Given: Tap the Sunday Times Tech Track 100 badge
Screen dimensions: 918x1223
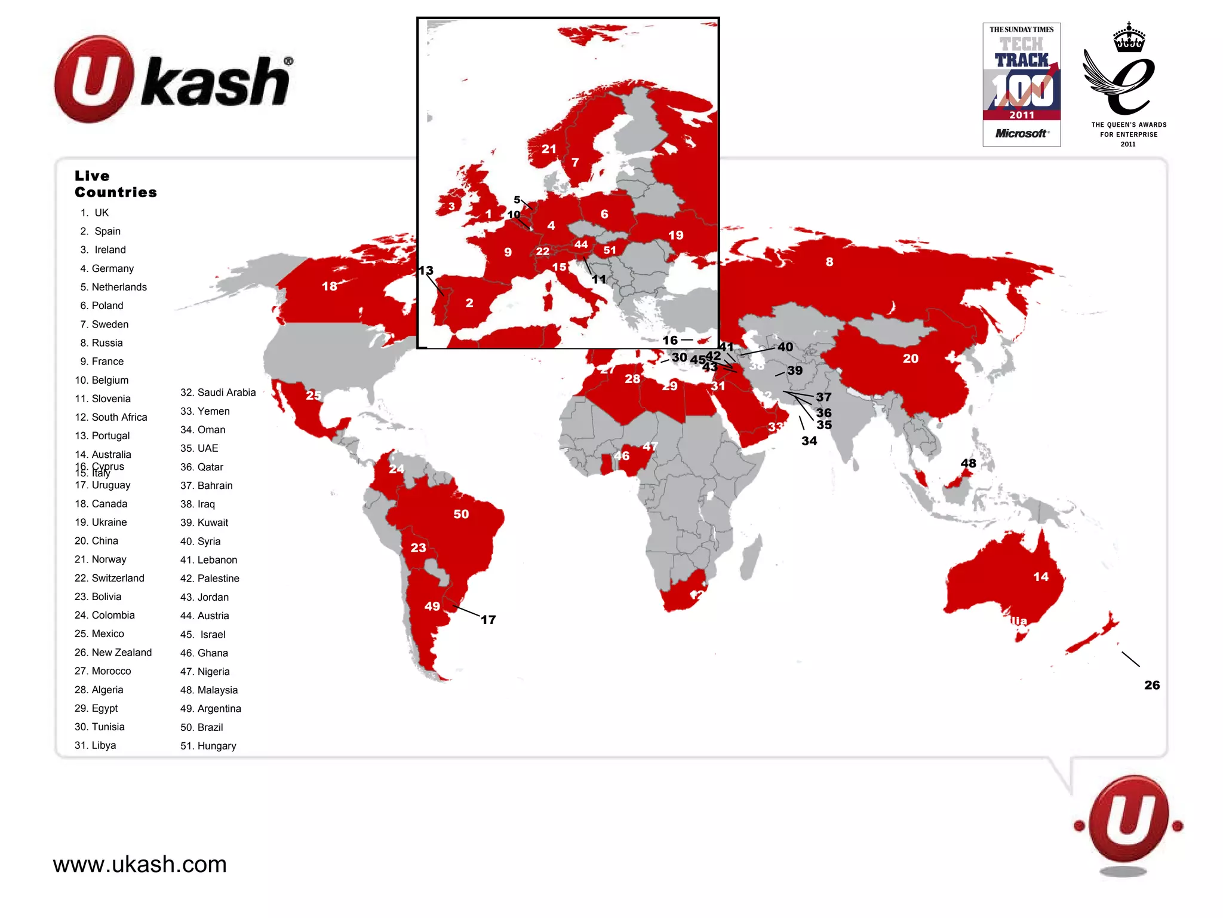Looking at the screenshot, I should coord(1021,85).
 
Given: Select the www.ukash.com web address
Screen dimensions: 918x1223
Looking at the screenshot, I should coord(140,864).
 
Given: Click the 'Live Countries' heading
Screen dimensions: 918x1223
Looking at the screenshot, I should coord(115,184).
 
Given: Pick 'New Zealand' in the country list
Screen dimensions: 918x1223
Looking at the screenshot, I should coord(113,652).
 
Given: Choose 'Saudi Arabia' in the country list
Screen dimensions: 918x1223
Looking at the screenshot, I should coord(218,392).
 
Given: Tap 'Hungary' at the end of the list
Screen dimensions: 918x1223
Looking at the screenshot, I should coord(208,745).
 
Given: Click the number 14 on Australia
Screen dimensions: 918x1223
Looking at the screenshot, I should coord(1041,577).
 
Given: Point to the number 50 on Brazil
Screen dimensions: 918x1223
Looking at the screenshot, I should coord(461,514).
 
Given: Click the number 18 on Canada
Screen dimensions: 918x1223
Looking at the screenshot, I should coord(330,286).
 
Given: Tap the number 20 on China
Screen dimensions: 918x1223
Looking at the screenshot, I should coord(911,359).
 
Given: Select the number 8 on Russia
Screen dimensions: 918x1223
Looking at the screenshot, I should coord(829,262).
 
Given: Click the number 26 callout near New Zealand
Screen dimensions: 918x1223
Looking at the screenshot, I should coord(1152,685).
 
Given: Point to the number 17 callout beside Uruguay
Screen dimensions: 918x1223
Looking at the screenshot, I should coord(488,620).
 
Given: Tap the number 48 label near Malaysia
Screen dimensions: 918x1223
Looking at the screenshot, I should coord(969,463).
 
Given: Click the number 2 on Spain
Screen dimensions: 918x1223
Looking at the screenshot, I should coord(469,303).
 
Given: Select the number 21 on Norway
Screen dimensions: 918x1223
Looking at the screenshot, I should coord(549,149).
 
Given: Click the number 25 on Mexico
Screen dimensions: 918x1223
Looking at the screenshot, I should coord(314,395).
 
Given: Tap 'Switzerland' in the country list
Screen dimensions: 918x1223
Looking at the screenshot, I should coord(110,578).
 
